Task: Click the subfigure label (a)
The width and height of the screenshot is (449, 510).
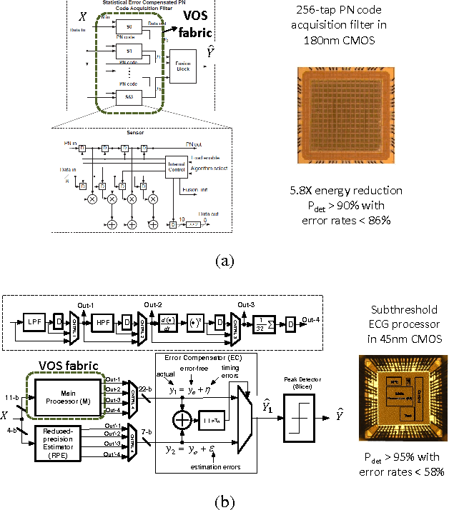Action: [224, 260]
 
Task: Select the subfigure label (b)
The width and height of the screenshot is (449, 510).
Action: [224, 502]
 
